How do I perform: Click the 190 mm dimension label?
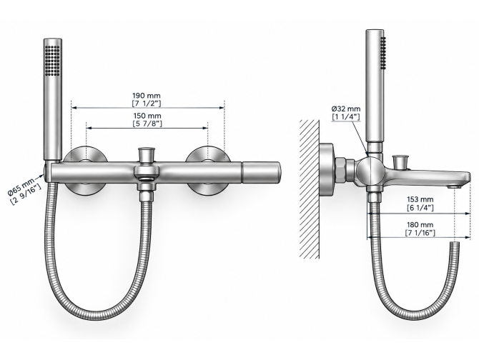tap(147, 96)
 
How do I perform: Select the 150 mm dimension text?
tap(147, 116)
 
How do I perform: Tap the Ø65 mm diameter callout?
tap(21, 186)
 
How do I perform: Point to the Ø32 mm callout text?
tap(346, 109)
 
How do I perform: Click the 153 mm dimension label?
tap(420, 199)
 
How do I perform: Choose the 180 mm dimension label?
tap(420, 225)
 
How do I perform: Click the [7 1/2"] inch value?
tap(147, 104)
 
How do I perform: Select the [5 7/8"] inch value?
tap(147, 124)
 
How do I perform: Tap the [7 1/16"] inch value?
tap(420, 233)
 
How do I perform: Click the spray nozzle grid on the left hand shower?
tap(52, 61)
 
